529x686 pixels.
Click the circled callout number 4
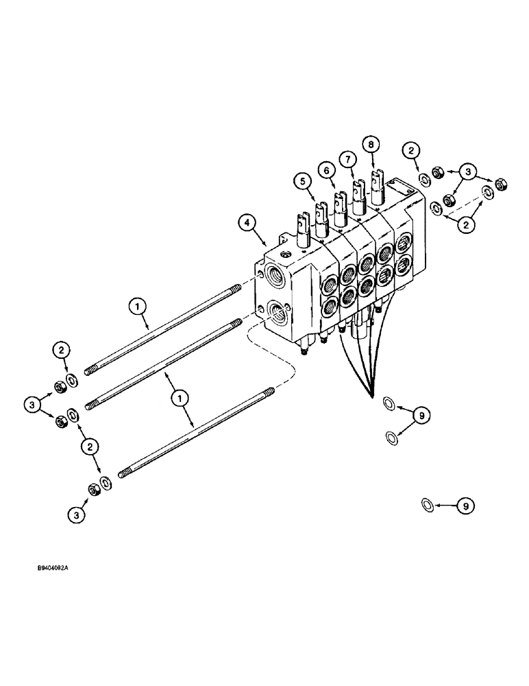point(248,223)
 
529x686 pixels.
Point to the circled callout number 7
point(349,159)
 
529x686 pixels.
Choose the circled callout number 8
point(371,145)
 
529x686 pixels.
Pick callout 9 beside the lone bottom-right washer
point(464,506)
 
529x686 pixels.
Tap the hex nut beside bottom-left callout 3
point(95,489)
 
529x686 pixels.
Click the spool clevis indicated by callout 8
point(376,182)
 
